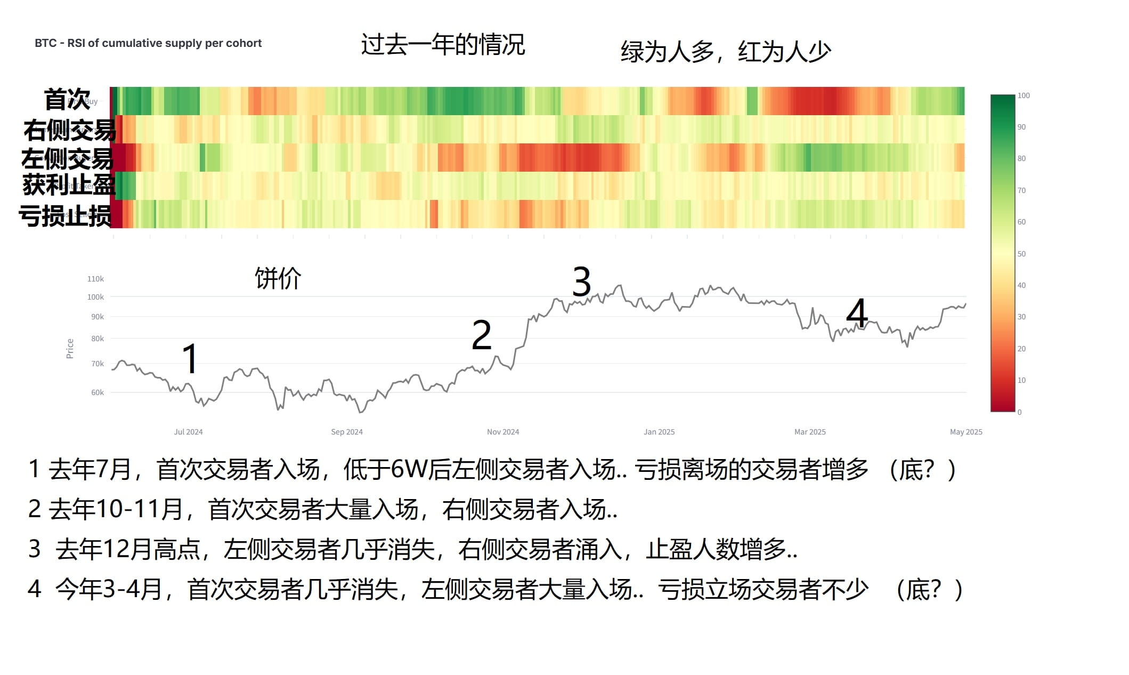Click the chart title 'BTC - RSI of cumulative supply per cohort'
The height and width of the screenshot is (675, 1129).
(x=148, y=43)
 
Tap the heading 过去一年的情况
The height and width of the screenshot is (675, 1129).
(x=443, y=44)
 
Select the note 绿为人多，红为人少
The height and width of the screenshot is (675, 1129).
(x=725, y=52)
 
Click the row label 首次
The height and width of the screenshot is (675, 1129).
(x=67, y=99)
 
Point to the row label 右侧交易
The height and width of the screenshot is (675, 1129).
(x=69, y=130)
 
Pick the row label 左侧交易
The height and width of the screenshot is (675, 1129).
(x=67, y=158)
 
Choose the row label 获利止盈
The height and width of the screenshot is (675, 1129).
(x=69, y=185)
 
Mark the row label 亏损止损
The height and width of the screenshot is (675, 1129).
(x=65, y=216)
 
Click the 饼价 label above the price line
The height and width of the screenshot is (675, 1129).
(x=278, y=278)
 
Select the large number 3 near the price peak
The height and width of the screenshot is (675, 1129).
(x=581, y=282)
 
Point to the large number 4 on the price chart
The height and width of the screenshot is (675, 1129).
(x=857, y=313)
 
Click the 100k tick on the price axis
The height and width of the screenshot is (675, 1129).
(x=96, y=297)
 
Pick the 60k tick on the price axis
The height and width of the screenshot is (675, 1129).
(x=98, y=392)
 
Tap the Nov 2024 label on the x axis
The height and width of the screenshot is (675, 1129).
(x=502, y=432)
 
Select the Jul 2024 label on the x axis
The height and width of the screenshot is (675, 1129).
(x=188, y=432)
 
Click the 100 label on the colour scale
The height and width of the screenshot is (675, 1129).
(x=1024, y=95)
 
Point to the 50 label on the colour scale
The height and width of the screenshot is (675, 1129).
(x=1021, y=254)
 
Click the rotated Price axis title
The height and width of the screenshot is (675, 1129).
(x=70, y=349)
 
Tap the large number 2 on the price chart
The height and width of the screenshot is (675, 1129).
(x=482, y=335)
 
